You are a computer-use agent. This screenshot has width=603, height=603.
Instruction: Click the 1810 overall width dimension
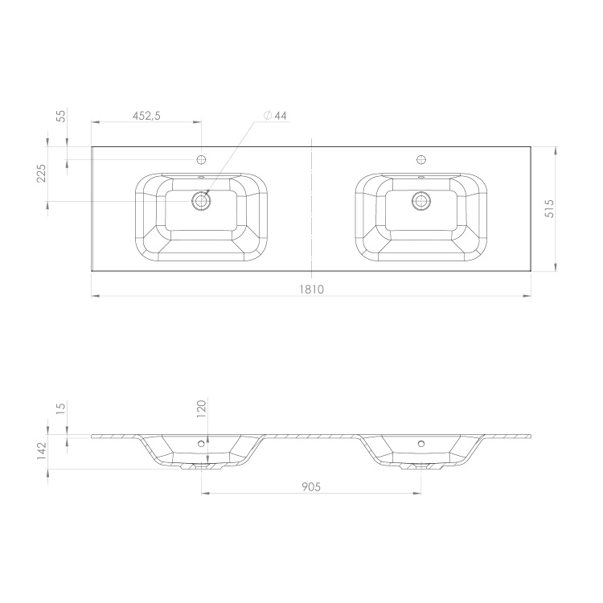pos(311,289)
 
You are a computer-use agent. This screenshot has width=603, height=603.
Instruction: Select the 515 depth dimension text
pos(550,208)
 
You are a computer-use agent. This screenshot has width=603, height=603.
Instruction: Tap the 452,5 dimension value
pos(146,116)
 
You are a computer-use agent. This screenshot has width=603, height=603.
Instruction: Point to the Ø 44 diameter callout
pos(275,115)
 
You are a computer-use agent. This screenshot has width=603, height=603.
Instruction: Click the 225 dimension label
pos(41,174)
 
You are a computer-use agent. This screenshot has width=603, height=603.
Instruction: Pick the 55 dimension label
pos(61,116)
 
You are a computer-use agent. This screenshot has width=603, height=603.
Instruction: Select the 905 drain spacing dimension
pos(311,487)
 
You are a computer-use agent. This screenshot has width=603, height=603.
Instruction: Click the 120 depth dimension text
pos(202,408)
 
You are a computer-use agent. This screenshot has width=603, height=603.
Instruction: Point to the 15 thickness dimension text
pos(61,408)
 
